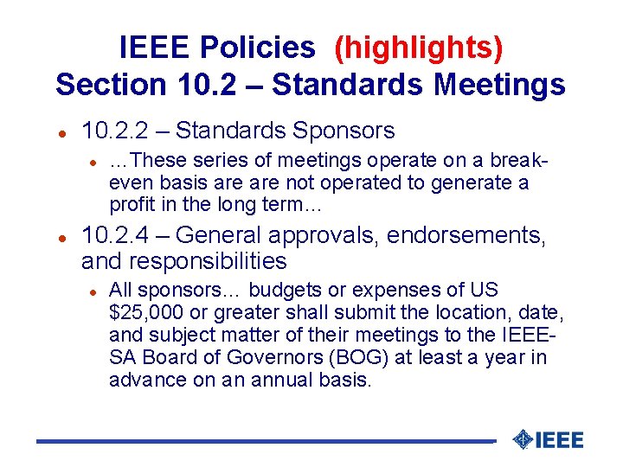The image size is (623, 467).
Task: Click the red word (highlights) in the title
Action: coord(418,48)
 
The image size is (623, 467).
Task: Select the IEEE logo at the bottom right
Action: coord(548,439)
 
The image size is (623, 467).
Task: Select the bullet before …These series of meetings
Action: coord(93,162)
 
